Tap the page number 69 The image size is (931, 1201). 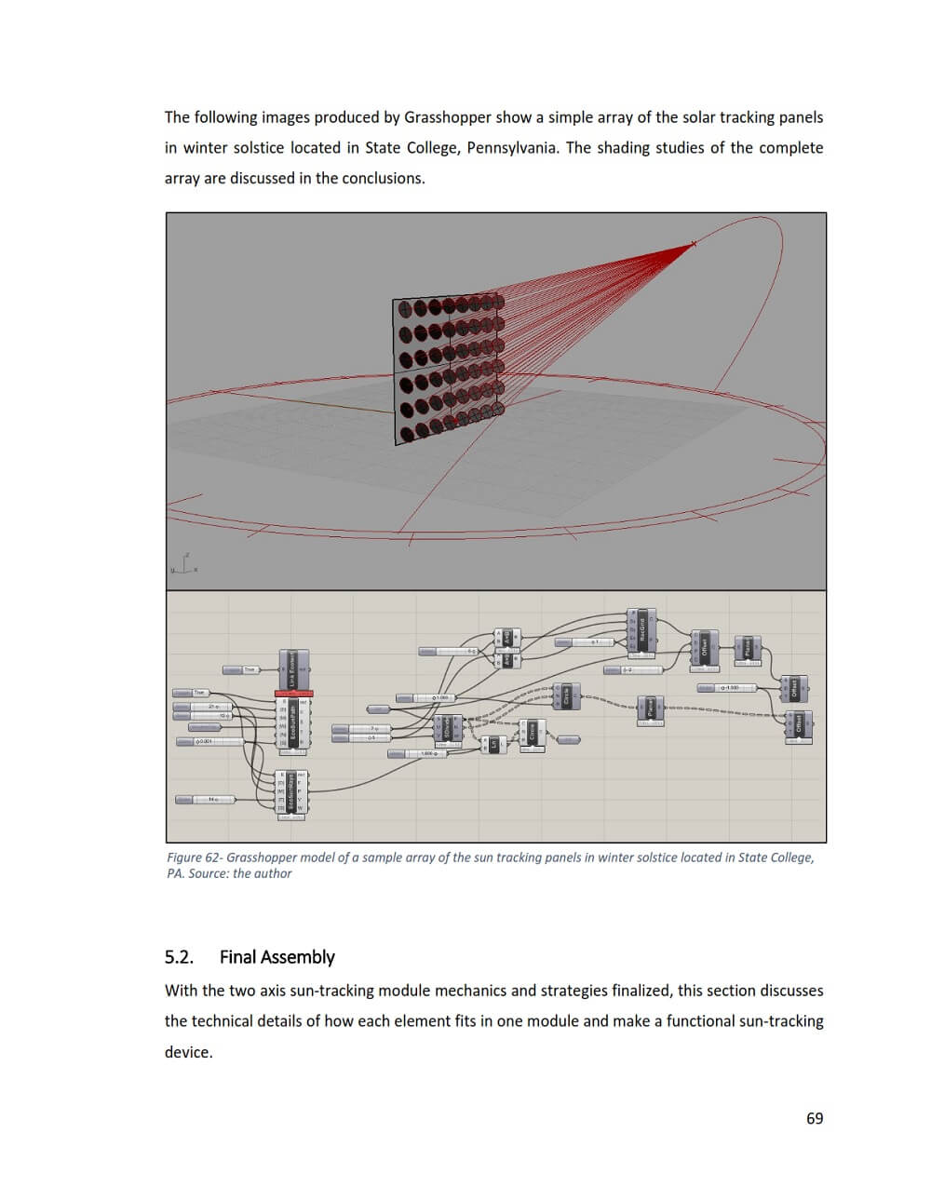point(815,1118)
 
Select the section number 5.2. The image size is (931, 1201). point(179,957)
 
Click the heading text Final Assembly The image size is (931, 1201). point(277,957)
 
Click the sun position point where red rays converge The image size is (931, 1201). point(694,245)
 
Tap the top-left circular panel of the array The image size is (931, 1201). point(406,308)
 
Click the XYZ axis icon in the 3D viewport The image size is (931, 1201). point(183,565)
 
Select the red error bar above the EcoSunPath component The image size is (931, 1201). point(293,694)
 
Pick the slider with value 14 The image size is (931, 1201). point(210,800)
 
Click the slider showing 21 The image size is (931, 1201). point(211,707)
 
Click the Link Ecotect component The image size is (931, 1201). point(293,670)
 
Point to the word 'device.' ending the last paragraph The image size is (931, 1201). point(189,1052)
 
